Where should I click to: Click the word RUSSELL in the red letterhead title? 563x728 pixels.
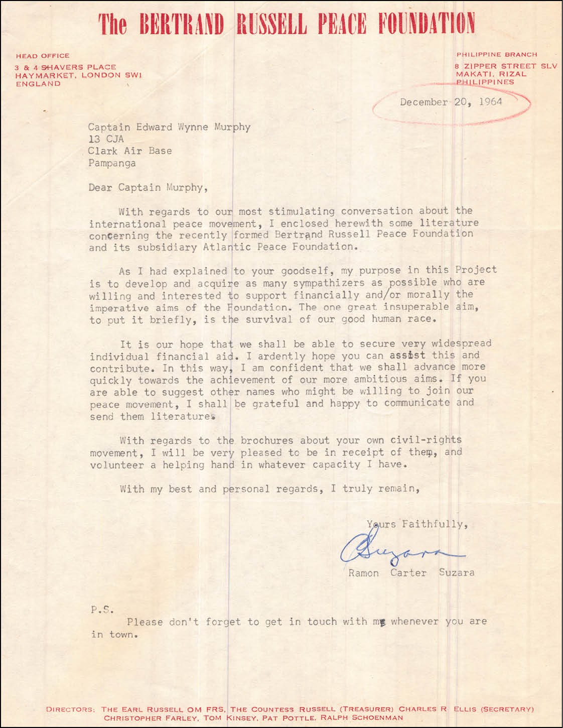[271, 24]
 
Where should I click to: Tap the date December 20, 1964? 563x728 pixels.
[451, 102]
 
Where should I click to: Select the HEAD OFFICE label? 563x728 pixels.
[43, 56]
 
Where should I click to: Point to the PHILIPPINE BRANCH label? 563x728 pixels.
[497, 54]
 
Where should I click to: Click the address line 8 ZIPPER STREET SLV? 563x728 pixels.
[506, 66]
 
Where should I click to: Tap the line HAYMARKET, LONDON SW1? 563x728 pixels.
[78, 75]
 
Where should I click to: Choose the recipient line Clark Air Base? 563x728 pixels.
[129, 151]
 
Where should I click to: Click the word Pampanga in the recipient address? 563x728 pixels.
[112, 163]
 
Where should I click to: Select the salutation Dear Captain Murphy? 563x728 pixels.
[148, 187]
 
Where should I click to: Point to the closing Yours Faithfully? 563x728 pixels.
[417, 524]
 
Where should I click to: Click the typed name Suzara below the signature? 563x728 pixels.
[456, 572]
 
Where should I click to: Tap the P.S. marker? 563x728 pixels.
[102, 610]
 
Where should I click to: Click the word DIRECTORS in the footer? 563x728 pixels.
[69, 709]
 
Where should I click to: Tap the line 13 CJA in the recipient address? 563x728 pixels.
[106, 139]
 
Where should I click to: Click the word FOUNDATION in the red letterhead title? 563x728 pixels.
[426, 24]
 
